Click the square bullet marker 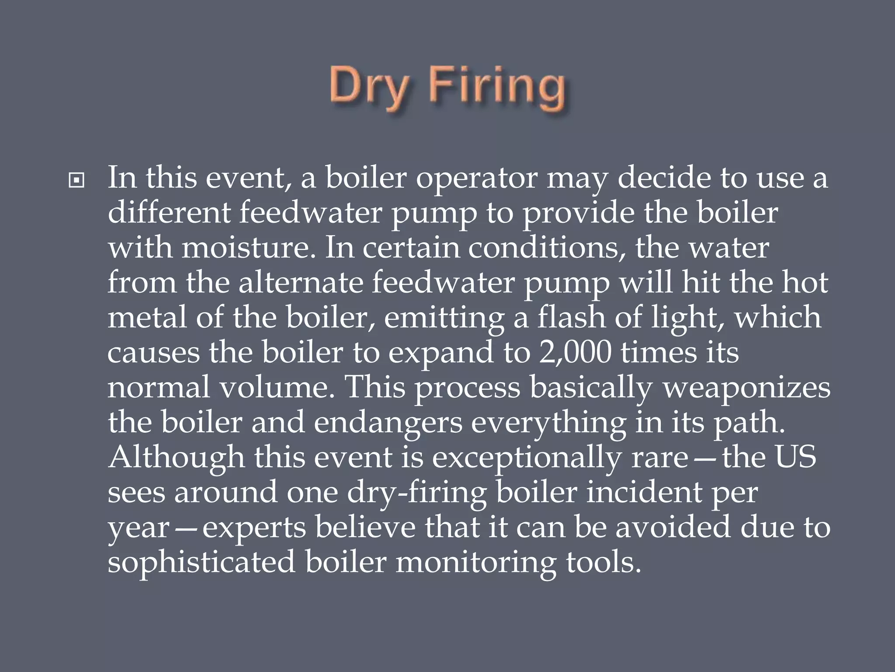pyautogui.click(x=76, y=180)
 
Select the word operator pyautogui.click(x=476, y=178)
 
